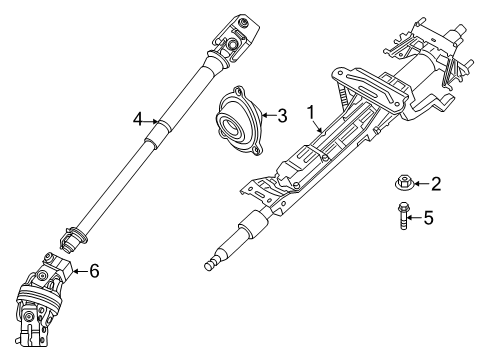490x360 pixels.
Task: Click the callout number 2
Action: (x=436, y=183)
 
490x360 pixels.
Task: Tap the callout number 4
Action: (x=139, y=120)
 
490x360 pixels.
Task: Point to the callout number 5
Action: (x=428, y=216)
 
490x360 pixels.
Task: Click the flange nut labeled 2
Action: (x=403, y=183)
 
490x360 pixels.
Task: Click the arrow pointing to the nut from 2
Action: (x=420, y=183)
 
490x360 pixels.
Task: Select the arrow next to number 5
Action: (x=415, y=216)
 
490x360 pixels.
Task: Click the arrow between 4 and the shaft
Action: (x=154, y=121)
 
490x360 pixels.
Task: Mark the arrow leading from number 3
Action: (x=268, y=117)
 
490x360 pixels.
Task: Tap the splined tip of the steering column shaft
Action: (x=213, y=265)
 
